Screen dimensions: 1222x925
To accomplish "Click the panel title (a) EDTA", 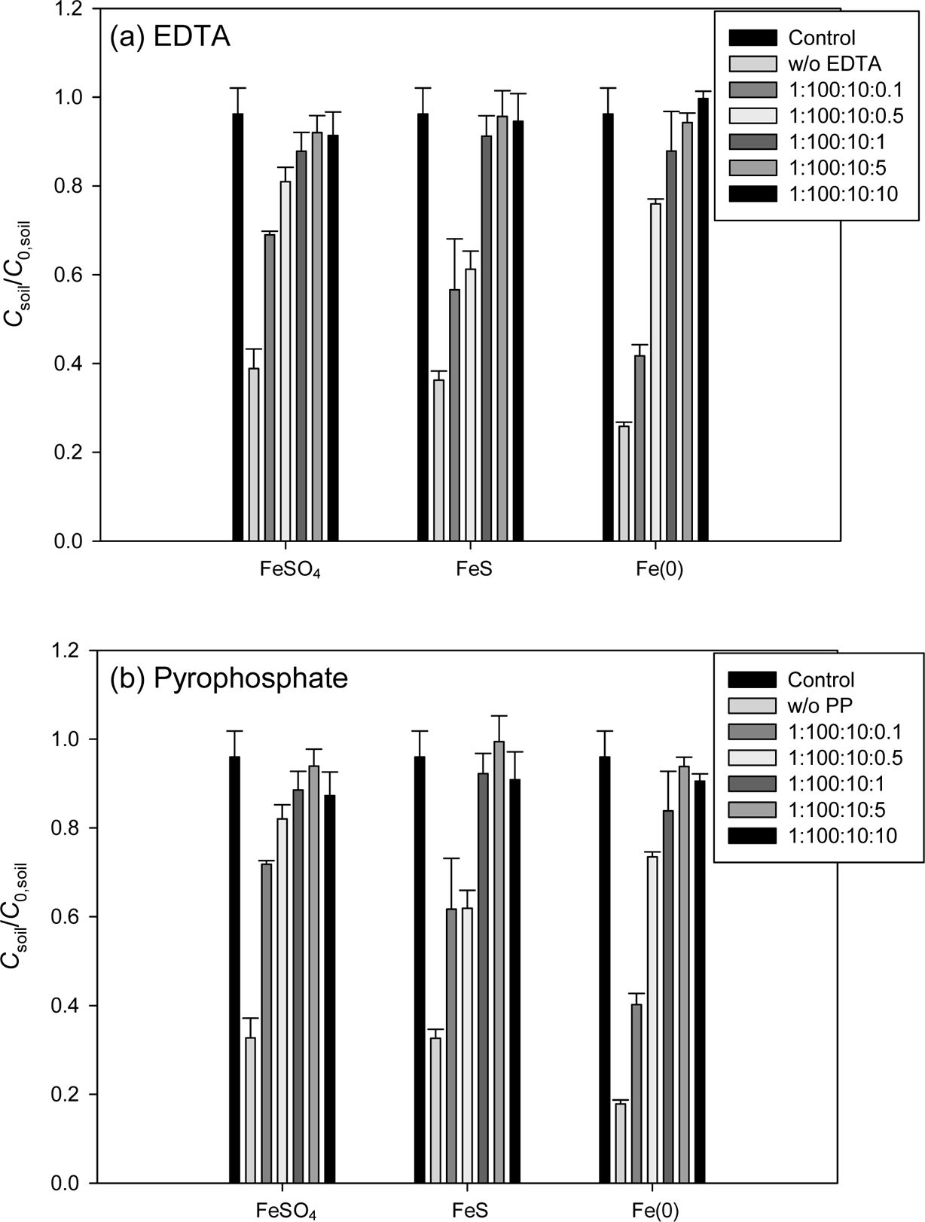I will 169,37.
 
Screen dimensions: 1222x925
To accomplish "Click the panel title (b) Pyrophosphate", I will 229,678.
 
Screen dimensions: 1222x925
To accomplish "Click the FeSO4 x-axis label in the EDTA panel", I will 285,570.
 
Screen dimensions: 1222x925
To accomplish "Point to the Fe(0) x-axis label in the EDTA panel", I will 660,569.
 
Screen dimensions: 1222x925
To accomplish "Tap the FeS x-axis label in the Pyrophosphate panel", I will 472,1210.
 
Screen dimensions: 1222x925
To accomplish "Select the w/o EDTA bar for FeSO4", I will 254,454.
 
